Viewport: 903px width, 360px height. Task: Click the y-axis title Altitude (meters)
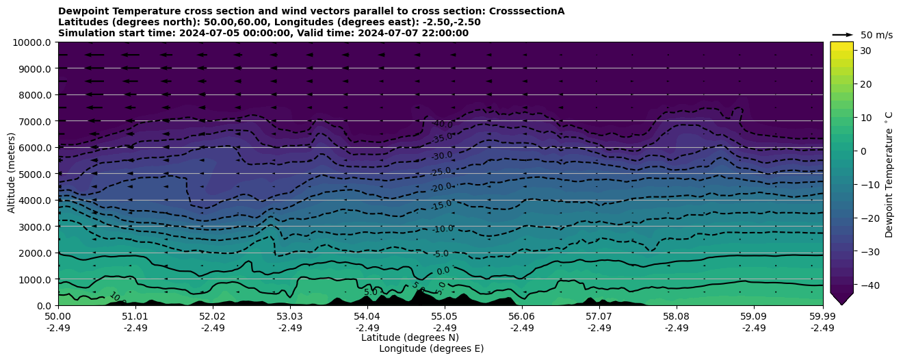coord(12,174)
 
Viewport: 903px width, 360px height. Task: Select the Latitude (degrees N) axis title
coord(410,337)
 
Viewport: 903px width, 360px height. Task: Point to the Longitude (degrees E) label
coord(431,348)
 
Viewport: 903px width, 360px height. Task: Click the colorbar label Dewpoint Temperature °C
coord(889,174)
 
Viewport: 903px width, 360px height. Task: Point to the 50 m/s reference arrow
coord(843,35)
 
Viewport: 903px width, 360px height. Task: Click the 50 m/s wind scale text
coord(876,35)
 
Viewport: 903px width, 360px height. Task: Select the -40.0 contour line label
coord(443,125)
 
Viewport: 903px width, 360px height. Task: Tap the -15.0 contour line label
coord(442,204)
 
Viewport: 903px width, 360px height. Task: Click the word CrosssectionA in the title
coord(527,11)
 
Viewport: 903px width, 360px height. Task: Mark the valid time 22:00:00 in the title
coord(445,33)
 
